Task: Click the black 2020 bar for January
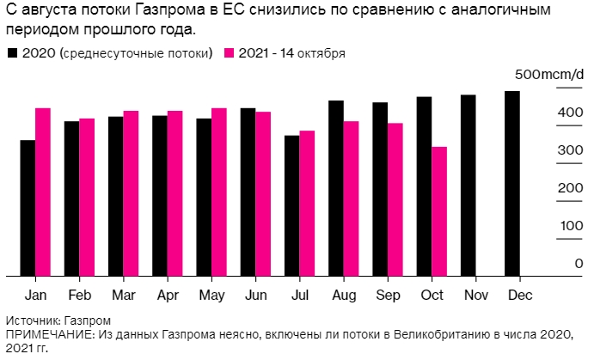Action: pos(28,208)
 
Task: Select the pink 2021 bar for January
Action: pos(43,192)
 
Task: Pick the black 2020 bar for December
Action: pos(512,184)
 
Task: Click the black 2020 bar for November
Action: pos(468,186)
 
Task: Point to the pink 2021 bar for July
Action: pos(307,204)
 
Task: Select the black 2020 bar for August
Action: pos(336,188)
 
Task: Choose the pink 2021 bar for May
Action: pos(218,192)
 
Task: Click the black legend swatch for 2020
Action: pos(12,53)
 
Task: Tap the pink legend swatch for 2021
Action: pos(229,53)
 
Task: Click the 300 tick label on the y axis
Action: pos(567,150)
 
